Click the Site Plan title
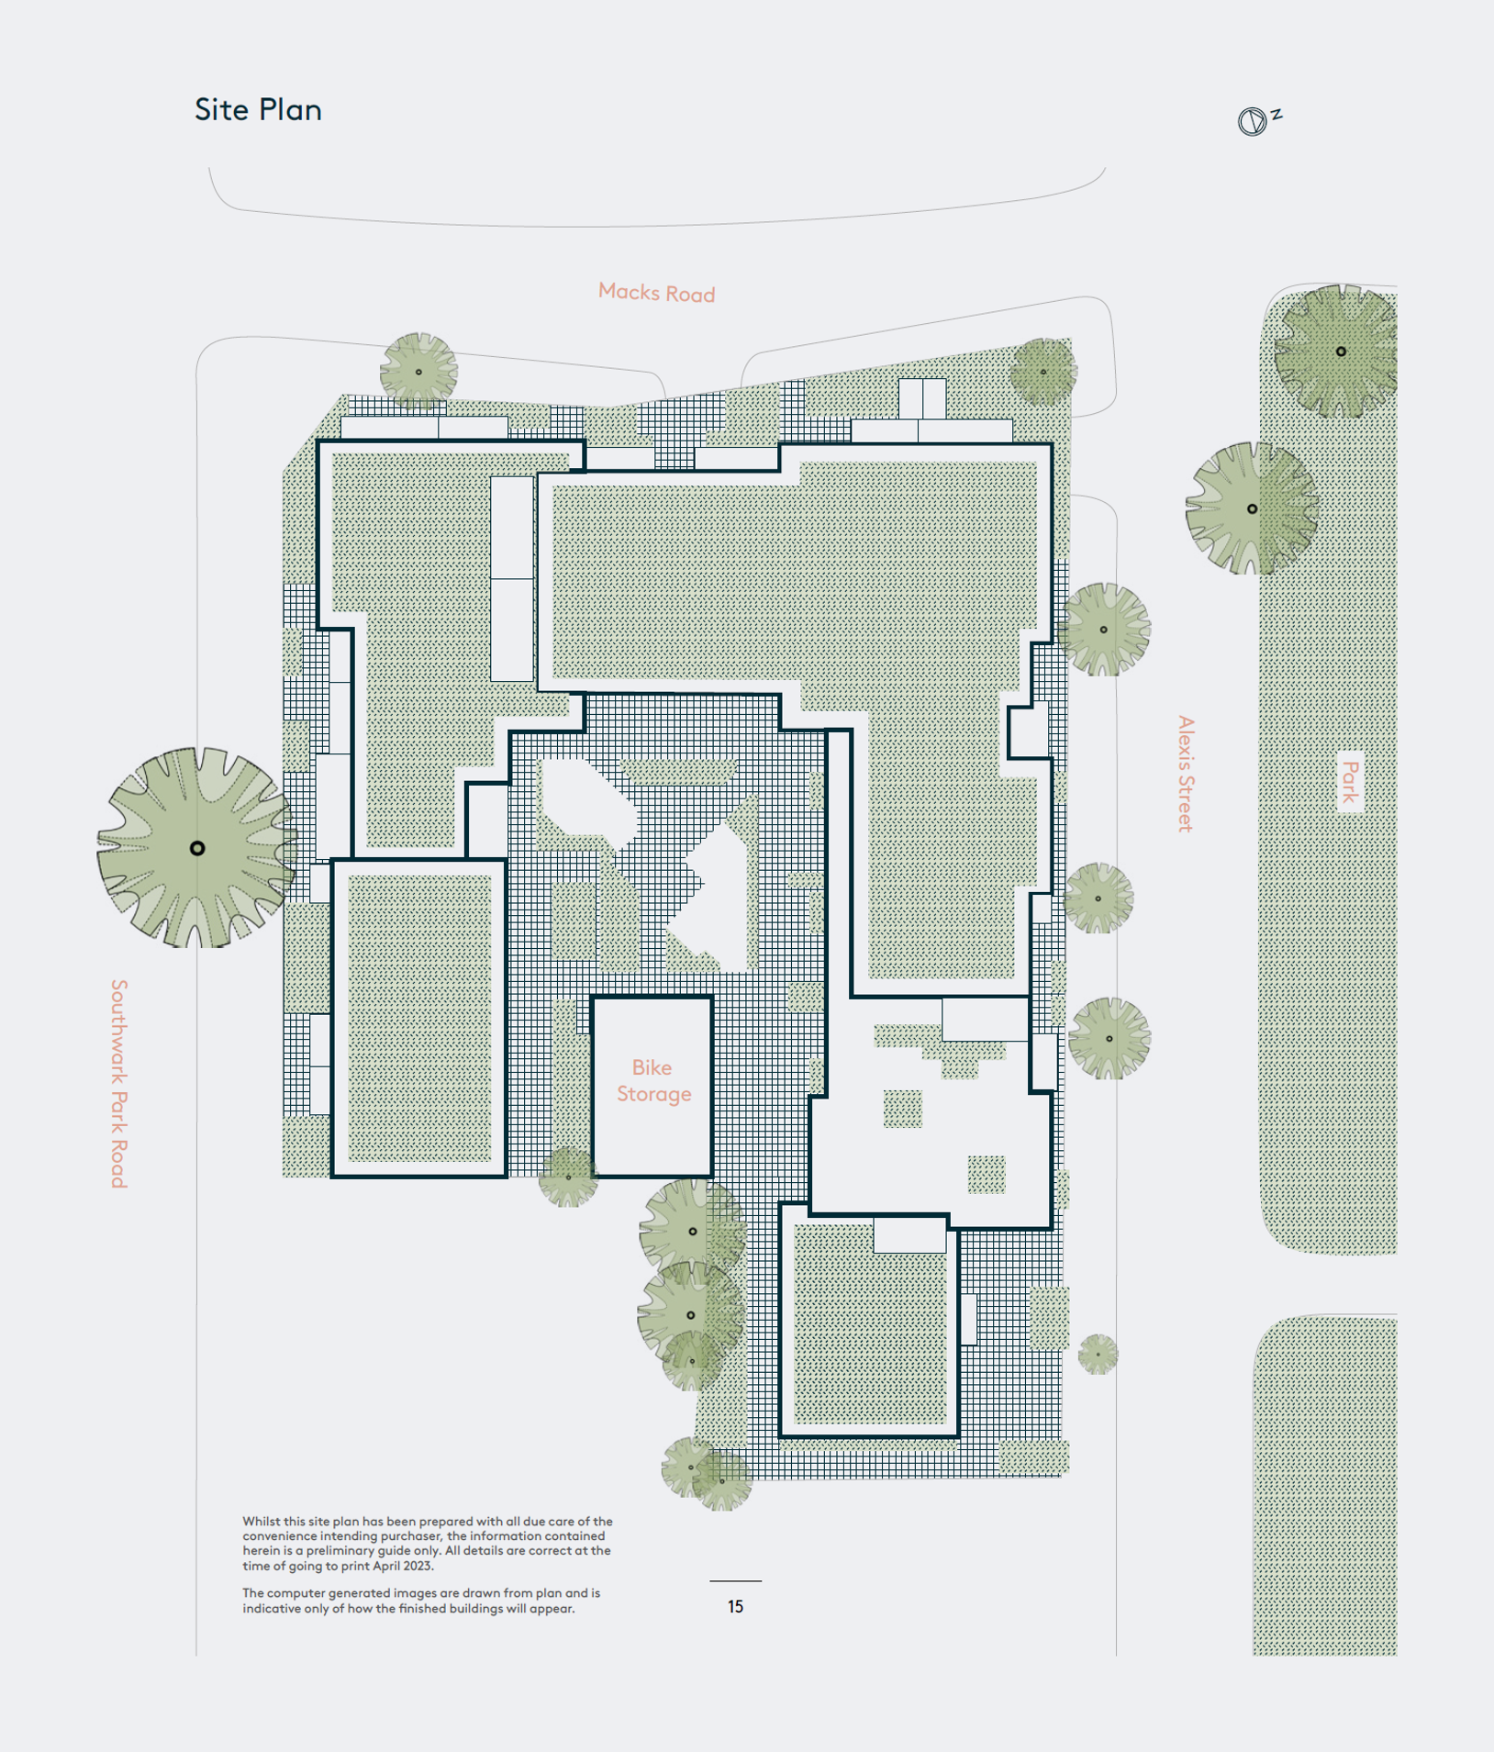258,110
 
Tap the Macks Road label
656,293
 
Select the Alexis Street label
1186,774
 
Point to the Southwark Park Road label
119,1083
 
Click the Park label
1350,782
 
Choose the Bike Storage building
652,1086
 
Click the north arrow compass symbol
1252,121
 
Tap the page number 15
735,1607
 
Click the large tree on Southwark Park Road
197,847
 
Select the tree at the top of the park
1340,351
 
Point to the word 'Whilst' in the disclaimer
261,1521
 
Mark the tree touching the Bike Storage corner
568,1177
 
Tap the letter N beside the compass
1277,114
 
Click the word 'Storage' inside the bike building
653,1094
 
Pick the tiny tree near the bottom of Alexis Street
1098,1354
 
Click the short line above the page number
735,1581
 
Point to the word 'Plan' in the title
290,110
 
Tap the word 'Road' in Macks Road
690,295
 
